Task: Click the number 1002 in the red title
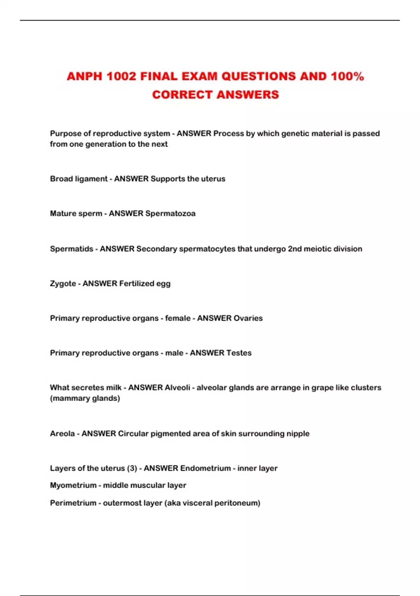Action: point(121,76)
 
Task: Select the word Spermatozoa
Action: point(170,214)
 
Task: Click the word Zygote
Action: point(63,284)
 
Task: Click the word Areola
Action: point(62,434)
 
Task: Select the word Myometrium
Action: point(73,486)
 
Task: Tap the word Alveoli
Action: point(177,388)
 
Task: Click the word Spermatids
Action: point(71,249)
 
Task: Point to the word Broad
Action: point(61,179)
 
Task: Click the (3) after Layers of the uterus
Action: point(132,468)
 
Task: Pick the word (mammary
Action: point(70,398)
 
